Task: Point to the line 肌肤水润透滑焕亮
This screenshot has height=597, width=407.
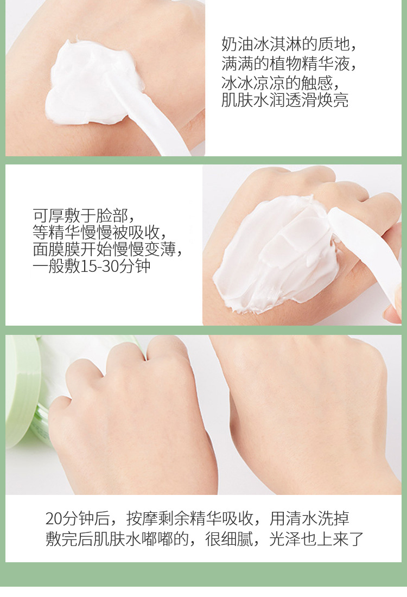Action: pyautogui.click(x=285, y=100)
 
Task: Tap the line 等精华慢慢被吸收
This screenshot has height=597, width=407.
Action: pyautogui.click(x=99, y=232)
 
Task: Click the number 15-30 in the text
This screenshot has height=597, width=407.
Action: pyautogui.click(x=99, y=266)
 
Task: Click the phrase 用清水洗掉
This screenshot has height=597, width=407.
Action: pyautogui.click(x=309, y=518)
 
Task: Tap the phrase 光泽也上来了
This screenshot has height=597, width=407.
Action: pyautogui.click(x=316, y=539)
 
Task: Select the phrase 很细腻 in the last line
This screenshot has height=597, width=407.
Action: pyautogui.click(x=229, y=539)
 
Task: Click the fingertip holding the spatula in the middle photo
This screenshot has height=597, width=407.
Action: pyautogui.click(x=395, y=308)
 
